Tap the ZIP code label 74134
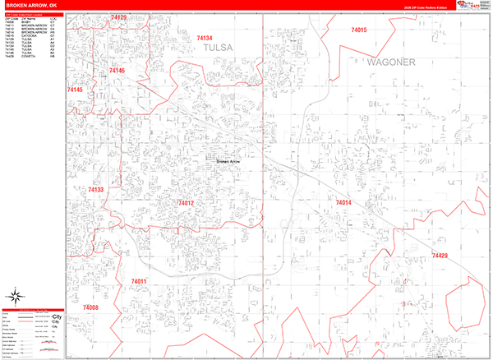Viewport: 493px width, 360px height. pos(205,38)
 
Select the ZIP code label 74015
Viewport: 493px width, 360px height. pos(358,30)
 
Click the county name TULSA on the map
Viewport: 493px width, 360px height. pos(219,48)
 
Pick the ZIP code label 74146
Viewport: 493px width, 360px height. pos(117,72)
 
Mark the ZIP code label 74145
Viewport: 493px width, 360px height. pos(75,89)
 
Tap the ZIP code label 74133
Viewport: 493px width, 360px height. pos(95,190)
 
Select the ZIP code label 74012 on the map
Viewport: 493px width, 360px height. pos(185,203)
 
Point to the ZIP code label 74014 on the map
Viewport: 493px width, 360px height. pos(343,202)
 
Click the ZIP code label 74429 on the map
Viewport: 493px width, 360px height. pos(440,256)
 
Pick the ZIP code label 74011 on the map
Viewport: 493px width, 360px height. pos(138,282)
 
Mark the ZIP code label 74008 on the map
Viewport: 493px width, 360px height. pos(90,307)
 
